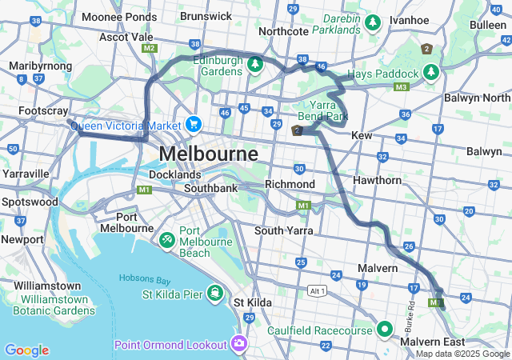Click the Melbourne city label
click(x=208, y=153)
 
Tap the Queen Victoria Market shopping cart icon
click(x=193, y=124)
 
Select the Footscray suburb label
click(x=43, y=110)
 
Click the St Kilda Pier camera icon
click(x=215, y=292)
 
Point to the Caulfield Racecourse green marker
click(x=385, y=329)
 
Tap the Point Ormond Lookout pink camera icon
click(x=238, y=344)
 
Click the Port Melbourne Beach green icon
click(x=166, y=238)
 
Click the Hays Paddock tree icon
click(x=432, y=73)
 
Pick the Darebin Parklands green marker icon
click(x=372, y=24)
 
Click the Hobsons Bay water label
click(x=146, y=278)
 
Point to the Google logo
click(x=26, y=350)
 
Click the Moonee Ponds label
click(x=119, y=17)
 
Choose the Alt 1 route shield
click(x=318, y=290)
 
